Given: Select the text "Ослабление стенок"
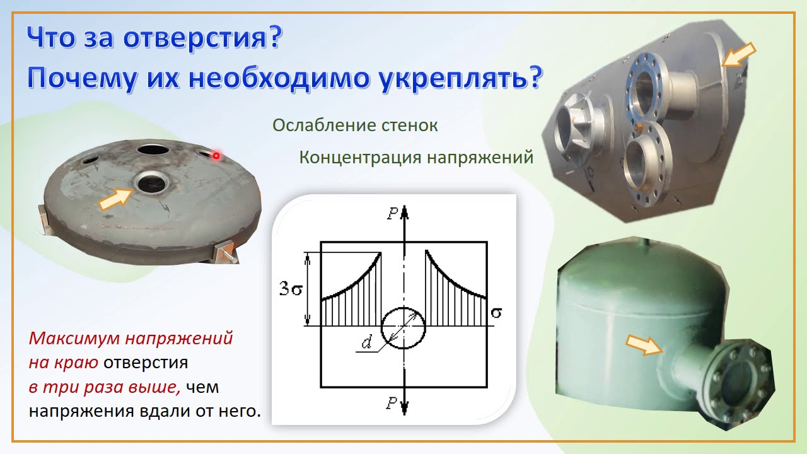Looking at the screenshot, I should point(355,125).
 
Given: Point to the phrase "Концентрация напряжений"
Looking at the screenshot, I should point(416,157).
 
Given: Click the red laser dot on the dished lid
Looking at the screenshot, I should point(216,155).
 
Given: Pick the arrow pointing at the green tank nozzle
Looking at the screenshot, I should point(644,345).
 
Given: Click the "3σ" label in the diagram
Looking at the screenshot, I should point(292,289).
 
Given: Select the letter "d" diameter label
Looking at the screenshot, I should point(366,343).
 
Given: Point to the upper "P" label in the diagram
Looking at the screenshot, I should point(393,214).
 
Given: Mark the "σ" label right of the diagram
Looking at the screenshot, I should point(496,311).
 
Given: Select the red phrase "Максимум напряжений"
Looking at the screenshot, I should point(131,339).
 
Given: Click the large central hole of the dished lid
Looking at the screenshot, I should point(153,183).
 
